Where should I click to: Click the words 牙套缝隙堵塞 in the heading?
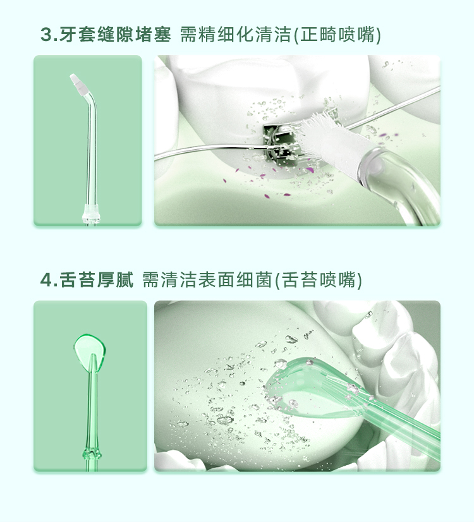coord(115,35)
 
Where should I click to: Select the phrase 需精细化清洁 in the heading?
coord(235,35)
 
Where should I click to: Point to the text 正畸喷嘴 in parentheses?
coord(337,35)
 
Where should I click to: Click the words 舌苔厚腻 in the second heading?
coord(97,279)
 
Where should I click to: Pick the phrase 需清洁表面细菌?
coord(207,279)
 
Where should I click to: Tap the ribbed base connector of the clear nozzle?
coord(91,215)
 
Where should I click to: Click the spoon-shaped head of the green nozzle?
coord(90,352)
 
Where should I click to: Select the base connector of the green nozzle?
coord(92,454)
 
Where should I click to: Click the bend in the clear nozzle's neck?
coord(91,100)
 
